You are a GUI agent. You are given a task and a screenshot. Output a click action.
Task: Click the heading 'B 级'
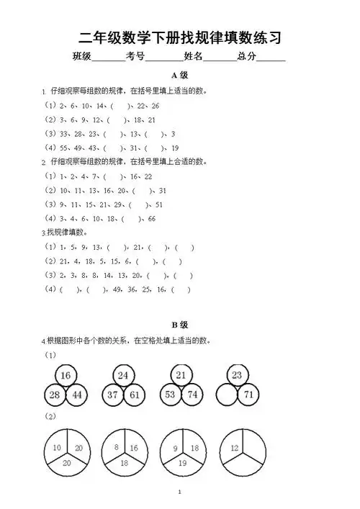(179, 325)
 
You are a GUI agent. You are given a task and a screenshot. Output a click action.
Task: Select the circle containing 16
(66, 375)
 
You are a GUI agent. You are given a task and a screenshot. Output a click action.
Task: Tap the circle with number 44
(76, 394)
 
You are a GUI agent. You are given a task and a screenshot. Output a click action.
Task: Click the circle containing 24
(123, 375)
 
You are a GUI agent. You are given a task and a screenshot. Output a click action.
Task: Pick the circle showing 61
(134, 394)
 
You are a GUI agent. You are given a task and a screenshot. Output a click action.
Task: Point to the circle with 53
(170, 394)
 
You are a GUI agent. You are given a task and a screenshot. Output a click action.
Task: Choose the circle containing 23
(238, 375)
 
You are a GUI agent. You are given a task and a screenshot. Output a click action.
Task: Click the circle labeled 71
(248, 394)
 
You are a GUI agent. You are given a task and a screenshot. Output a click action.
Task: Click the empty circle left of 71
(227, 394)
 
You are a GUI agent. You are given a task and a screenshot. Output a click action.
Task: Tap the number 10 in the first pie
(56, 448)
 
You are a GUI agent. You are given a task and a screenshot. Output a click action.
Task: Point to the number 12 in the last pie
(233, 448)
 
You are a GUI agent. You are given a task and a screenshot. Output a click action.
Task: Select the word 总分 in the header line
(246, 56)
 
